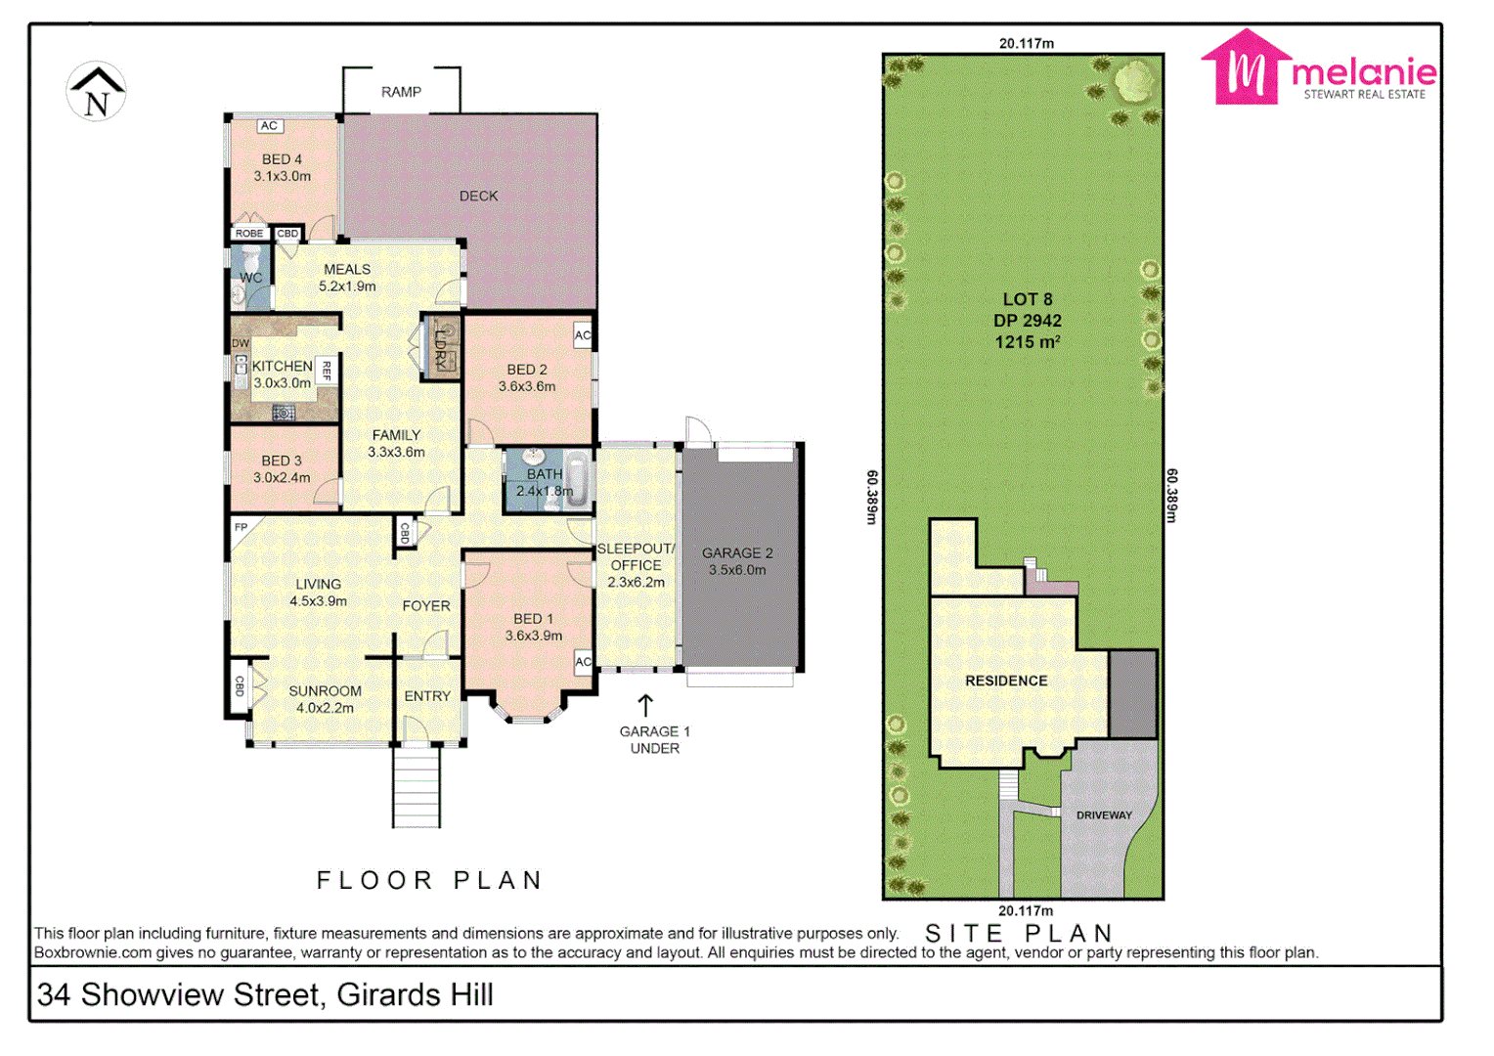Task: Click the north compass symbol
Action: click(x=96, y=92)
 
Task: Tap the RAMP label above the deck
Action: click(x=401, y=92)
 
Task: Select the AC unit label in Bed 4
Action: click(x=270, y=126)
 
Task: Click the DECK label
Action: click(x=478, y=196)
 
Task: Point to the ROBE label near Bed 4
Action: click(x=249, y=234)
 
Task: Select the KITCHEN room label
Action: click(x=282, y=366)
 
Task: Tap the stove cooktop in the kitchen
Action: click(x=284, y=413)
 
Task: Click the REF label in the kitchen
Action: click(x=327, y=371)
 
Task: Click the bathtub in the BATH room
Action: click(x=578, y=480)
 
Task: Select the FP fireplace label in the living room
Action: click(x=241, y=528)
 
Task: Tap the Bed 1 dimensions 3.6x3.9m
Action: click(x=534, y=636)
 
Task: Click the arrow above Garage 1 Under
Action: click(x=645, y=705)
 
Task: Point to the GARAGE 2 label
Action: click(x=737, y=552)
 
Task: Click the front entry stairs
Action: click(x=417, y=787)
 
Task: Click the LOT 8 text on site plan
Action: click(x=1027, y=299)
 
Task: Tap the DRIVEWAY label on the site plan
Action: click(x=1104, y=814)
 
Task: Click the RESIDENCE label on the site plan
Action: click(x=1006, y=681)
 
